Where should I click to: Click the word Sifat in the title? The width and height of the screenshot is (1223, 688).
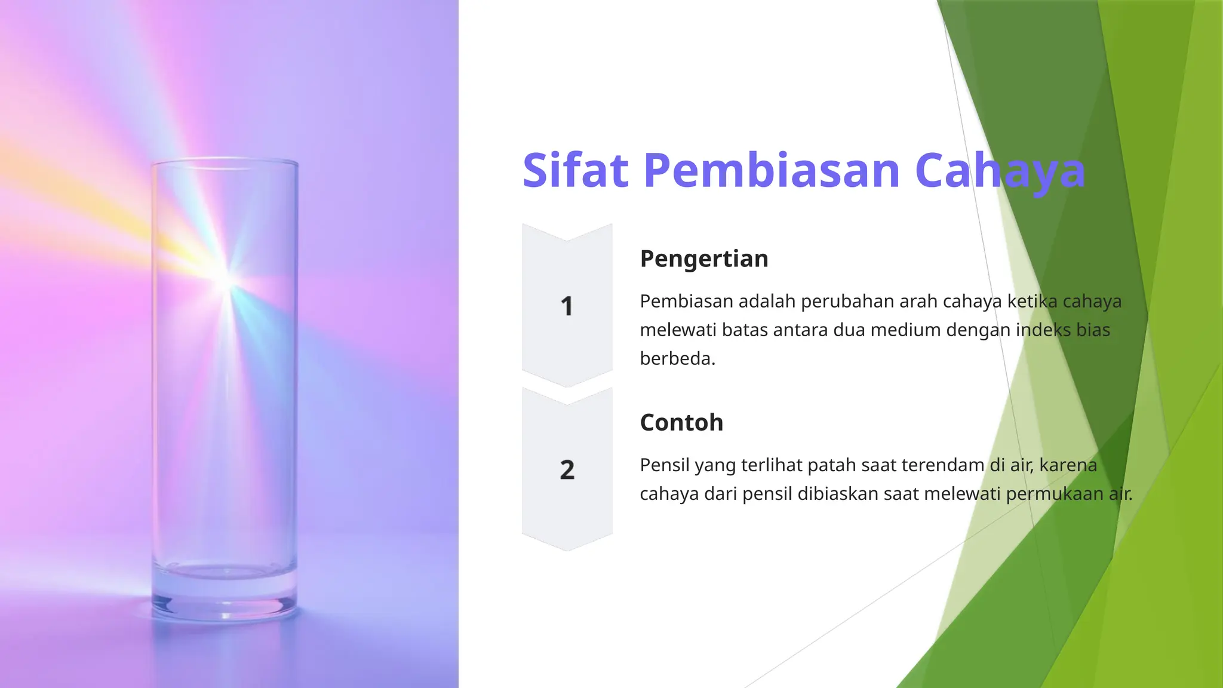click(x=576, y=171)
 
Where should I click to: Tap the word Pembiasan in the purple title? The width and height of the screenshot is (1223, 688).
click(x=772, y=171)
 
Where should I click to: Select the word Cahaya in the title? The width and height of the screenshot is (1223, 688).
click(x=1000, y=172)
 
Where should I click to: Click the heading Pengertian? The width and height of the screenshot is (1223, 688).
click(x=704, y=259)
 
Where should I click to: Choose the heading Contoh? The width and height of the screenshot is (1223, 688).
click(x=681, y=422)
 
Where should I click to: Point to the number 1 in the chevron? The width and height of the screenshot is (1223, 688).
click(x=567, y=306)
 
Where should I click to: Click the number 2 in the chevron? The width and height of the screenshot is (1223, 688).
click(x=567, y=470)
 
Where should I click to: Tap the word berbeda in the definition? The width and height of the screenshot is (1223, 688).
click(x=677, y=358)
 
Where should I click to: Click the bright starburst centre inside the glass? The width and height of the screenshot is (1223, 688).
click(x=227, y=279)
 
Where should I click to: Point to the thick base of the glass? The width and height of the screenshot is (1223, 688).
click(x=225, y=597)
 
